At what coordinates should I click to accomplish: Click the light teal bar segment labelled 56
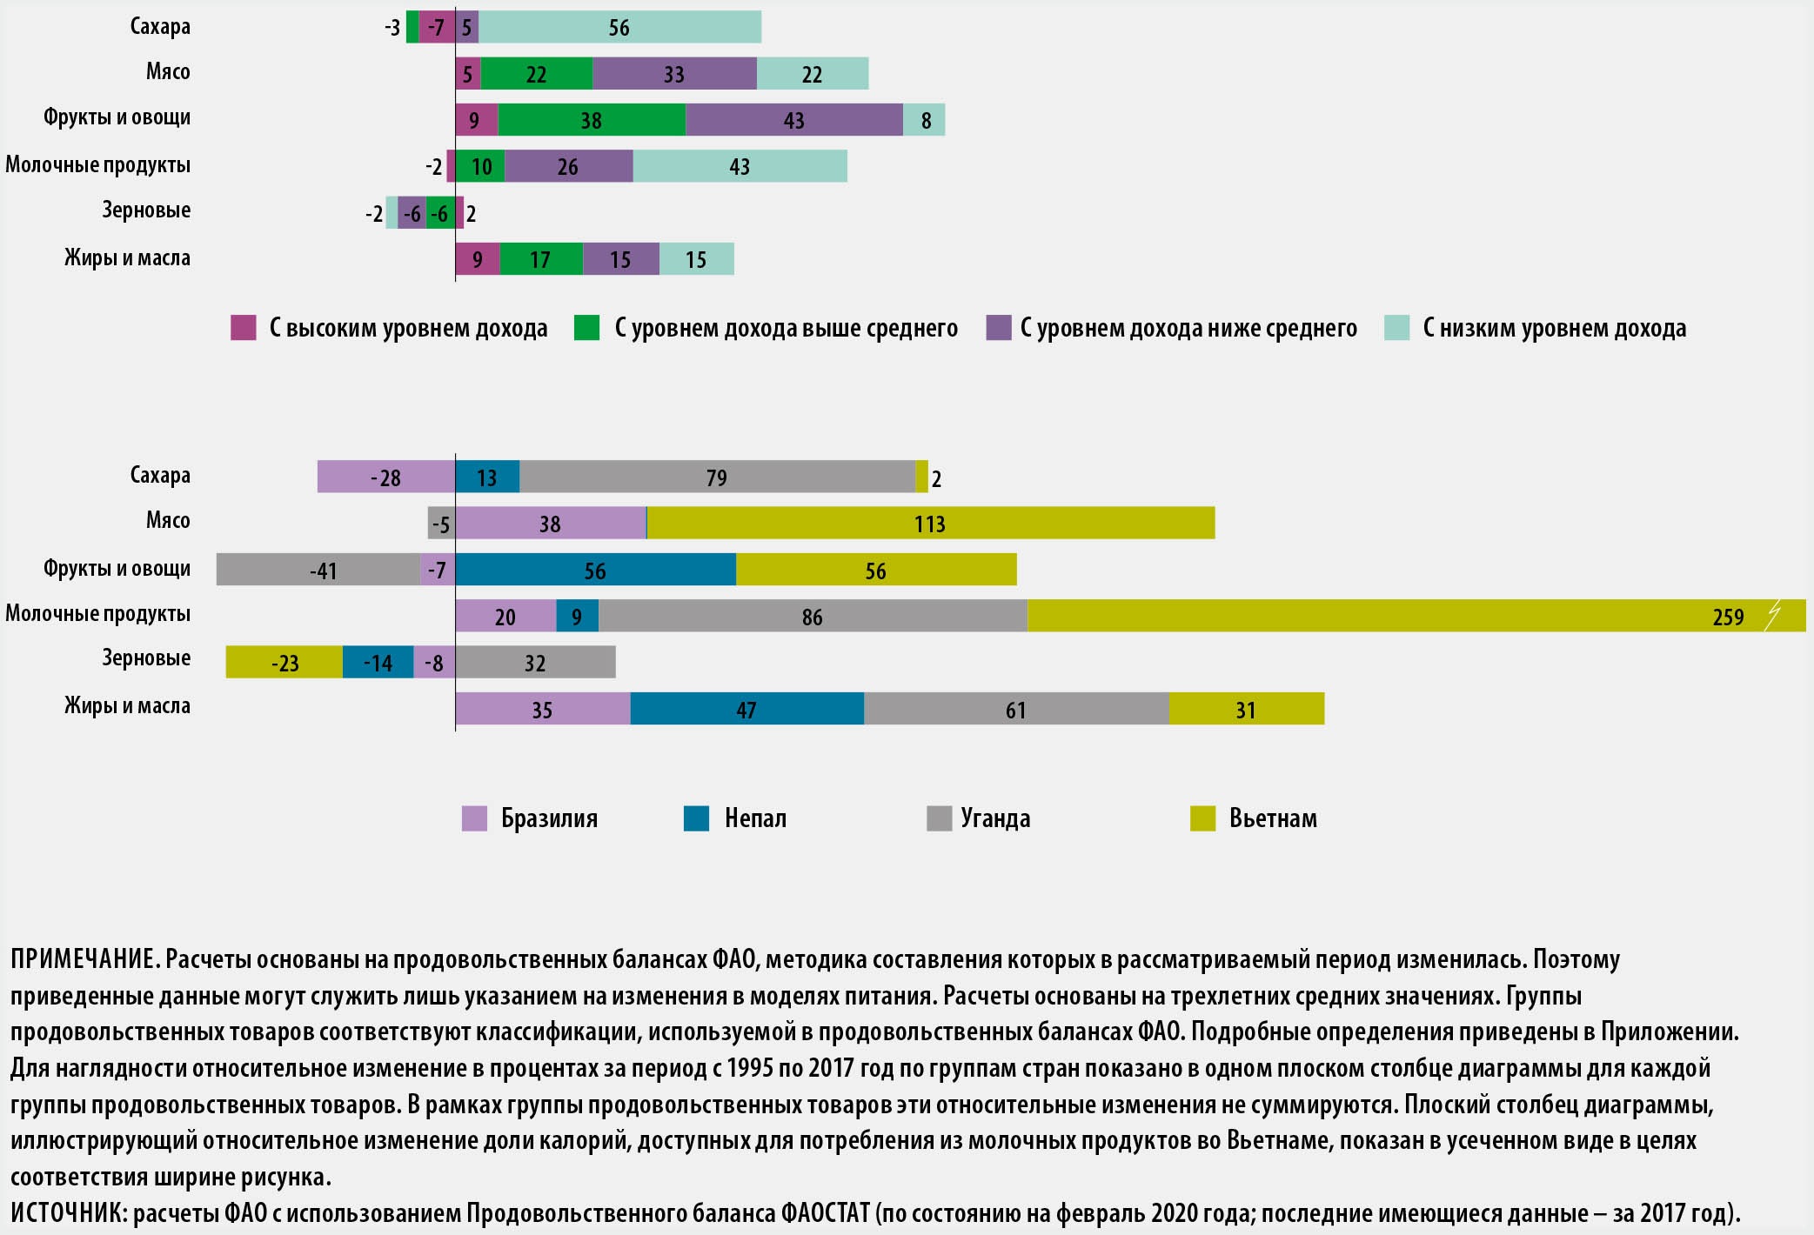pyautogui.click(x=619, y=27)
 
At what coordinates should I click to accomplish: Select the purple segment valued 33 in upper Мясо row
pyautogui.click(x=674, y=74)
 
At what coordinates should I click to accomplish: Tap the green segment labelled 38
pyautogui.click(x=592, y=120)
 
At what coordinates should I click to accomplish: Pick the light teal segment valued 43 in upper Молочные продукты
pyautogui.click(x=740, y=166)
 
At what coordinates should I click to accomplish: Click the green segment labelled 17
pyautogui.click(x=540, y=259)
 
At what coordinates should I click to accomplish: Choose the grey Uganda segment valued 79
pyautogui.click(x=717, y=477)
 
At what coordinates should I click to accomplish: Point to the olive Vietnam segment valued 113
pyautogui.click(x=930, y=524)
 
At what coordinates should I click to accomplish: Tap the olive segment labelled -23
pyautogui.click(x=284, y=663)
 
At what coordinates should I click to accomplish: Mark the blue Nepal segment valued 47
pyautogui.click(x=746, y=710)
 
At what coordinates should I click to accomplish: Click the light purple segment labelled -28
pyautogui.click(x=385, y=477)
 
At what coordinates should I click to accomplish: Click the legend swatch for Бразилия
pyautogui.click(x=474, y=818)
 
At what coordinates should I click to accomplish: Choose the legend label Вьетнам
pyautogui.click(x=1273, y=818)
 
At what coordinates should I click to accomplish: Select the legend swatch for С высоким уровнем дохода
pyautogui.click(x=244, y=328)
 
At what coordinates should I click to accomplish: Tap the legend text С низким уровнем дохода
pyautogui.click(x=1554, y=328)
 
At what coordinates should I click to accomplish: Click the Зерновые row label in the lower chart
pyautogui.click(x=146, y=658)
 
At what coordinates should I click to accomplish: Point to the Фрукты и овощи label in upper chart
pyautogui.click(x=117, y=117)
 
